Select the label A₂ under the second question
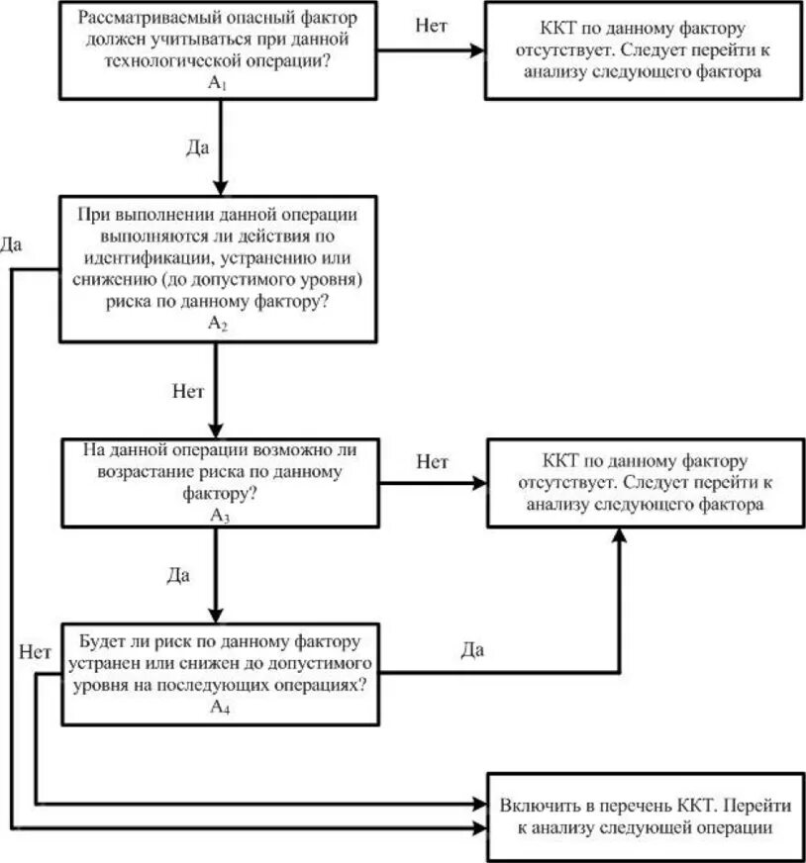(x=219, y=324)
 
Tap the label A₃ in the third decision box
(x=219, y=515)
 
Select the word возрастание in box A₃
(x=143, y=471)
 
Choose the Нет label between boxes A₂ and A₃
(x=188, y=390)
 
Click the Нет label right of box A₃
(x=432, y=461)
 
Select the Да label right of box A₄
(x=472, y=649)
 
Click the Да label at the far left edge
(x=12, y=243)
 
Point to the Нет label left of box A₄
(x=35, y=651)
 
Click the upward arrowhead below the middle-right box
(x=621, y=534)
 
